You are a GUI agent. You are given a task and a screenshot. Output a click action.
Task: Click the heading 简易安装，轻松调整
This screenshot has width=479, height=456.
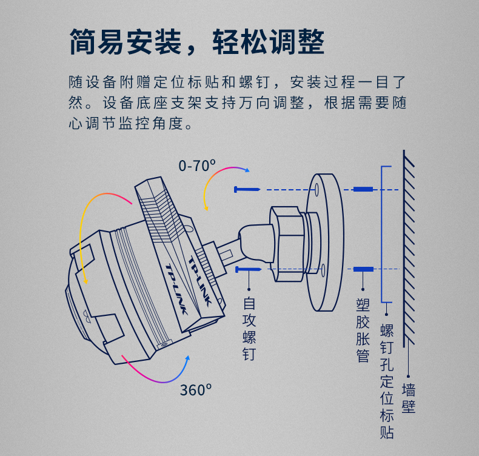click(x=197, y=42)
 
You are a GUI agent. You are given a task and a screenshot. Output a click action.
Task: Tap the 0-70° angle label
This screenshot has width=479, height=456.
click(x=197, y=166)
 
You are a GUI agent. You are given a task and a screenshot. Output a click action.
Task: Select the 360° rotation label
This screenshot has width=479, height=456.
click(x=196, y=390)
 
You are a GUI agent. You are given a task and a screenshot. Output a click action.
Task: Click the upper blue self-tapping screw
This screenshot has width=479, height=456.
click(x=247, y=190)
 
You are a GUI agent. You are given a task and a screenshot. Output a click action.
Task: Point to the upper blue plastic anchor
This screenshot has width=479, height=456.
click(x=363, y=189)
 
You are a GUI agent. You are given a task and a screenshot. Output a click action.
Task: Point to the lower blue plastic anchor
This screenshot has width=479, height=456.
click(x=363, y=269)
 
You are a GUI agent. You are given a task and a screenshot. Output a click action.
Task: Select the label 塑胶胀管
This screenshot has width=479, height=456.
click(x=363, y=330)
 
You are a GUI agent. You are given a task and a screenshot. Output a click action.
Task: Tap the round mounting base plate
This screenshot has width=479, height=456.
click(x=324, y=243)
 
